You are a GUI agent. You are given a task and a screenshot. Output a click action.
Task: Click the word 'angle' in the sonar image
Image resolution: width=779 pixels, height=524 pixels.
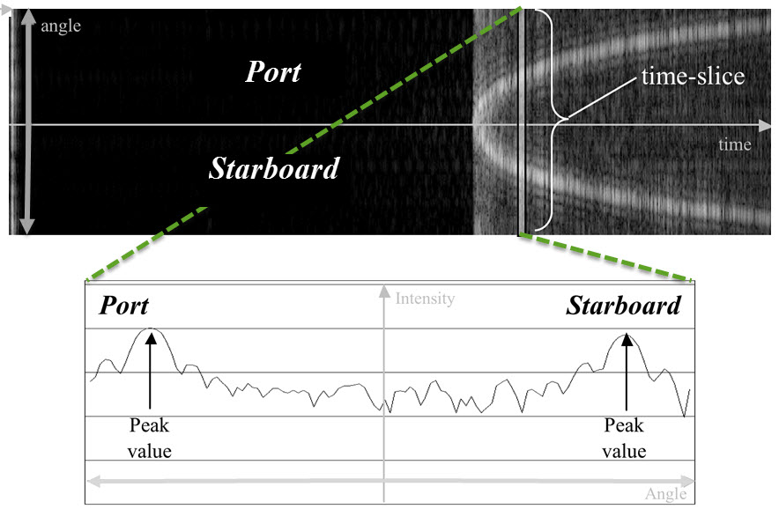(x=61, y=26)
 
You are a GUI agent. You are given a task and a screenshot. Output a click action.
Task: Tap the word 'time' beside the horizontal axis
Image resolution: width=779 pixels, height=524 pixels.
(x=733, y=144)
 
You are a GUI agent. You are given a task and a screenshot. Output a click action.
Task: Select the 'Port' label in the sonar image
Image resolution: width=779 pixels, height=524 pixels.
(x=272, y=72)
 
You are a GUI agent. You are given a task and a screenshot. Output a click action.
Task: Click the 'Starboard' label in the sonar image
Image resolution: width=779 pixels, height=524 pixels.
(x=273, y=169)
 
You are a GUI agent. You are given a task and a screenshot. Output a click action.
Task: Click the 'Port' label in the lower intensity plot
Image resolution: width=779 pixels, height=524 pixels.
(x=123, y=306)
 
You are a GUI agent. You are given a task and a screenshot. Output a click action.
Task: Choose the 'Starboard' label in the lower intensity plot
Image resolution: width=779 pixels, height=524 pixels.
(x=623, y=306)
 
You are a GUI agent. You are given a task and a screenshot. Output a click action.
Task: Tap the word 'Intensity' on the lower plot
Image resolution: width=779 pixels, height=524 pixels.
(x=425, y=299)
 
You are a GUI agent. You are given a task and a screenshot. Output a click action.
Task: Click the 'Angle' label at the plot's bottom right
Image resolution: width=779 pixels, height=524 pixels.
(x=665, y=494)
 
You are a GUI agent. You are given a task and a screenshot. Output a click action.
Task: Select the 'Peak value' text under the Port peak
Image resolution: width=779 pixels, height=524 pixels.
(x=151, y=439)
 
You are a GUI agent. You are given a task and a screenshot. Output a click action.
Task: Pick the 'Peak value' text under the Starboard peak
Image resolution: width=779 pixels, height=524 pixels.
(x=625, y=439)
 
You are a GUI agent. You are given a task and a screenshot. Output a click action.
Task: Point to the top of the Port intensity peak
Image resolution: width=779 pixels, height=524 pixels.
(x=151, y=328)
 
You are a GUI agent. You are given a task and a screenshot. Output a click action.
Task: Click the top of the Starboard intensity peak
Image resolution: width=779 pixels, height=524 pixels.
(x=626, y=334)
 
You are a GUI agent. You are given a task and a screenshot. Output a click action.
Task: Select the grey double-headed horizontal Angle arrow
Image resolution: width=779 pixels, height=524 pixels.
(x=388, y=481)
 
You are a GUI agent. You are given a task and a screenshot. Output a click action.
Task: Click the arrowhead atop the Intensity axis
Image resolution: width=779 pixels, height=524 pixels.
(x=384, y=290)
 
